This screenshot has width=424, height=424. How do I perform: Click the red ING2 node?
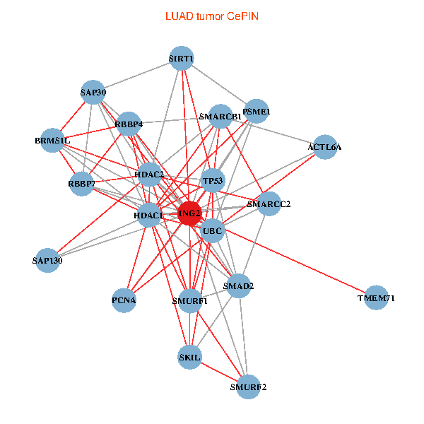189,213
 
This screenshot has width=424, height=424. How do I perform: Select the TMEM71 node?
377,298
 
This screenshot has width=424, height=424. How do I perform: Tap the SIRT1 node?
182,58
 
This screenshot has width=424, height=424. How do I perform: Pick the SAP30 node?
93,93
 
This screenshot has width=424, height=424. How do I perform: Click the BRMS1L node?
52,141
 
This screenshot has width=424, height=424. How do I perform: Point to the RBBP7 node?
81,184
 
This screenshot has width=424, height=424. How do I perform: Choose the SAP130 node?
48,261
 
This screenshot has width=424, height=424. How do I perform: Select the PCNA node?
124,300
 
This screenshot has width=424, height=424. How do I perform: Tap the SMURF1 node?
190,300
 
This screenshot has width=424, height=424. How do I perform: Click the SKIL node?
190,358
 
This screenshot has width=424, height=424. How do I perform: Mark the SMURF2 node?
248,387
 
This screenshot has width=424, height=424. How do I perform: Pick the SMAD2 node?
239,286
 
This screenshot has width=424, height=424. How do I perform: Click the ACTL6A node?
324,147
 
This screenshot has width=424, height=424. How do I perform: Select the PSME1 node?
257,111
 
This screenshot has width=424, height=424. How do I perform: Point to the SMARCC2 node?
269,204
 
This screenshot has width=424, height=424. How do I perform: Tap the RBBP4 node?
130,124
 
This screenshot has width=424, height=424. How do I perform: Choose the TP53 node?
213,181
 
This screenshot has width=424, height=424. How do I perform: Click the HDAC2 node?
150,174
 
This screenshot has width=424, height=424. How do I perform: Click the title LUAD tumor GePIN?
211,16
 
